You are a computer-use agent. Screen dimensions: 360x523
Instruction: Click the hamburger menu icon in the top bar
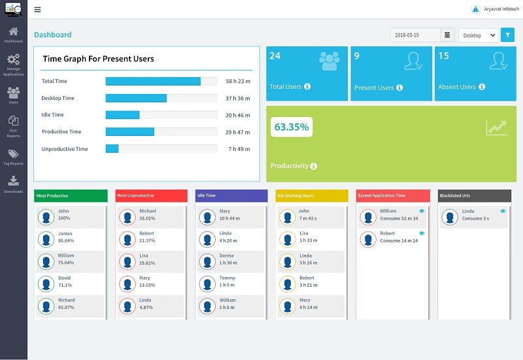[x=37, y=10]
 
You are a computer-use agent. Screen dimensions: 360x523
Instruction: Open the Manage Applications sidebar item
[x=13, y=63]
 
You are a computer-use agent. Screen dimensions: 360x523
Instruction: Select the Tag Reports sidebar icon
[x=13, y=157]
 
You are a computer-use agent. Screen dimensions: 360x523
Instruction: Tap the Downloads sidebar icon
[x=13, y=184]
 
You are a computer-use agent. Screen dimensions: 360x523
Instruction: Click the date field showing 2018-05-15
[x=415, y=35]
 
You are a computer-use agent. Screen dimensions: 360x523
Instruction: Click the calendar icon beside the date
[x=447, y=35]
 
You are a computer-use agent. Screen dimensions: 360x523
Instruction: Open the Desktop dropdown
[x=478, y=35]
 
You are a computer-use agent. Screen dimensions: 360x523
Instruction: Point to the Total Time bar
[x=153, y=81]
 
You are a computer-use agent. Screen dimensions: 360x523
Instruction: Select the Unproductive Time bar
[x=112, y=149]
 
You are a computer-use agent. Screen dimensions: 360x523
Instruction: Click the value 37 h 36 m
[x=238, y=98]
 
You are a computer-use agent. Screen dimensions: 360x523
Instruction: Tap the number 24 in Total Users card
[x=275, y=56]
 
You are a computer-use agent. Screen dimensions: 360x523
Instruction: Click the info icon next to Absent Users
[x=482, y=87]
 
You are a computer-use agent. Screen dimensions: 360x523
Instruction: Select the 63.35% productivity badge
[x=291, y=127]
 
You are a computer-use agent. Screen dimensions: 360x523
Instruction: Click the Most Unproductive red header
[x=151, y=195]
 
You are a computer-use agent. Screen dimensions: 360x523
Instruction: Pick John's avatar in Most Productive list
[x=46, y=217]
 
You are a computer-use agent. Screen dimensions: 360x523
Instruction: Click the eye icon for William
[x=422, y=211]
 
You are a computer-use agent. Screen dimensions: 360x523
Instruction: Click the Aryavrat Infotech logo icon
[x=475, y=9]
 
